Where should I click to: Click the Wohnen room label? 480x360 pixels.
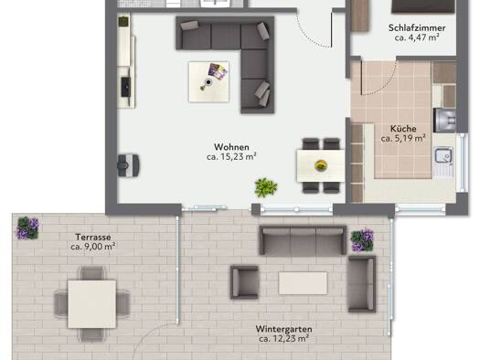[231, 147]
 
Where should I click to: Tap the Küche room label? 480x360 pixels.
[403, 129]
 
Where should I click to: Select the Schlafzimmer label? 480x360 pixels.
[417, 27]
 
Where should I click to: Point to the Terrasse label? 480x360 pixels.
[93, 237]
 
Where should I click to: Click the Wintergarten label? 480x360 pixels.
[283, 329]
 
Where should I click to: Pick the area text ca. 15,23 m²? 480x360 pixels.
[231, 156]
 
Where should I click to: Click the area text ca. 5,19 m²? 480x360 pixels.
[403, 138]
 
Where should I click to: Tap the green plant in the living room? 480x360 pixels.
[266, 187]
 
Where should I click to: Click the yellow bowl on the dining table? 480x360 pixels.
[321, 165]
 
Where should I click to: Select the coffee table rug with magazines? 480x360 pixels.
[208, 81]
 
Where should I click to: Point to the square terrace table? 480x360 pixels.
[91, 304]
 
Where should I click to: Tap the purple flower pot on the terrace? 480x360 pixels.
[27, 228]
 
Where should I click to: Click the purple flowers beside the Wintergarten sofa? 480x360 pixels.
[362, 240]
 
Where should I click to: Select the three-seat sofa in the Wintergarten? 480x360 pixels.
[303, 240]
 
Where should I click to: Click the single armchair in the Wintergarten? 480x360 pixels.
[245, 282]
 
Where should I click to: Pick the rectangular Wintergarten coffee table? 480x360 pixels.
[303, 283]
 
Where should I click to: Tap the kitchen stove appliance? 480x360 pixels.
[444, 120]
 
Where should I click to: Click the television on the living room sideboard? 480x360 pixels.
[126, 87]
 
